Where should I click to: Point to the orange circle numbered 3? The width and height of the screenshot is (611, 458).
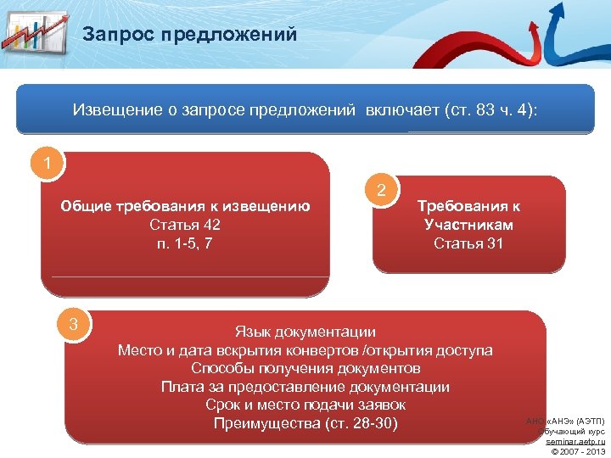click(74, 323)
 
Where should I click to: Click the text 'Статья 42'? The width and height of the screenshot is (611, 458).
click(185, 225)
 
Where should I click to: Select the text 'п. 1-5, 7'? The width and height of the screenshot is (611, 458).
click(185, 243)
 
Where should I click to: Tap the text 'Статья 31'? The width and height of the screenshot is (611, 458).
click(468, 243)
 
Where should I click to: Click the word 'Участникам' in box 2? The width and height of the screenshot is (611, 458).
click(468, 225)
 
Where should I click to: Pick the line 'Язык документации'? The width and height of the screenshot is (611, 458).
click(305, 332)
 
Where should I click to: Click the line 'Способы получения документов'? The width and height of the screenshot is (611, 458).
click(305, 368)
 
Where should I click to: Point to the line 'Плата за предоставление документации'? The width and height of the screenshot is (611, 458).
click(305, 387)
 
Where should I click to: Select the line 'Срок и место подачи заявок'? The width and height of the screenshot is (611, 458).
click(305, 405)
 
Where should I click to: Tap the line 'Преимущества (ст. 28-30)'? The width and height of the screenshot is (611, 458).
click(305, 423)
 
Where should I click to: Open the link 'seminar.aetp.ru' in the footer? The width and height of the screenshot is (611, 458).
click(575, 442)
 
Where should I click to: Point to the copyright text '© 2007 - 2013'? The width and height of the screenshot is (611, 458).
click(578, 451)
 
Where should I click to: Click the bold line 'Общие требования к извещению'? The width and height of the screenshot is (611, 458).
click(185, 206)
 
